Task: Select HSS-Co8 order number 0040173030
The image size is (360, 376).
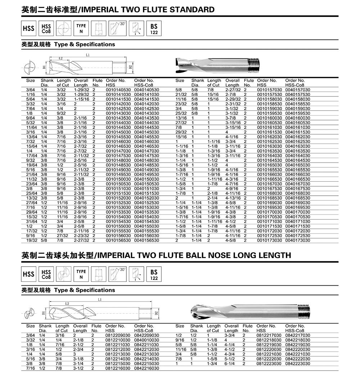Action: (x=298, y=240)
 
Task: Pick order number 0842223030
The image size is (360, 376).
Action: (x=298, y=364)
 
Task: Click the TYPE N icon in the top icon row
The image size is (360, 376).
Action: (x=81, y=28)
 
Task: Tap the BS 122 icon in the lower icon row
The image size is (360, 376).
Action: (x=154, y=274)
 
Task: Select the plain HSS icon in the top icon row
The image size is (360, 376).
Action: (x=28, y=28)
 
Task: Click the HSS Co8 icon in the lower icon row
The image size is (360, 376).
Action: (x=46, y=274)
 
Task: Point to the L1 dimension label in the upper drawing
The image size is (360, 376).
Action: (x=88, y=55)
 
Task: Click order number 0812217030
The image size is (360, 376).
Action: (x=269, y=335)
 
